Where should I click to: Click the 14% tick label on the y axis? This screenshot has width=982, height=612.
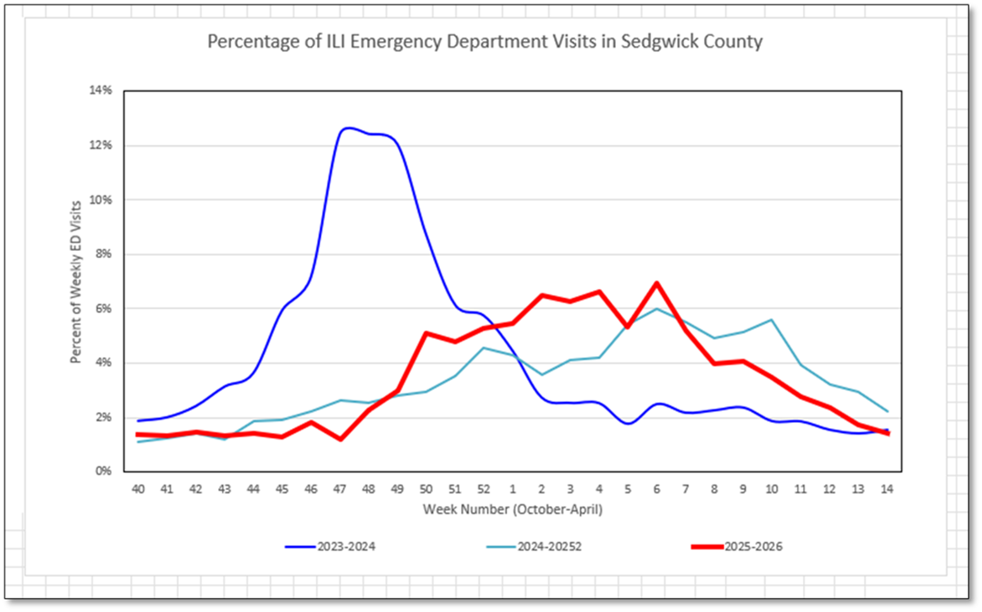101,90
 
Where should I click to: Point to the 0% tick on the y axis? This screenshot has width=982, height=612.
104,471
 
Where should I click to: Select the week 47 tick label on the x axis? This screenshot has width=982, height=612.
340,489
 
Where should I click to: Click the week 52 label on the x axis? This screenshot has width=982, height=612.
484,489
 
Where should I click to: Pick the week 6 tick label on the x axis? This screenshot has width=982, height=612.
657,489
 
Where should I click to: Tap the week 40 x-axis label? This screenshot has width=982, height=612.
138,489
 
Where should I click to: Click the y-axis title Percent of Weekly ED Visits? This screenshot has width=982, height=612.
76,282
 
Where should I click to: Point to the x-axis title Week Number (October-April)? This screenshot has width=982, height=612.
512,510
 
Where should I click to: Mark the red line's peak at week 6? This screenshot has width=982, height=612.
657,283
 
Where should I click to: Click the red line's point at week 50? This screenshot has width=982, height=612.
426,333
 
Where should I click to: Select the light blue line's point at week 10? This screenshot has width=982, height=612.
772,320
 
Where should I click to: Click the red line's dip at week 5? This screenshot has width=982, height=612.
628,327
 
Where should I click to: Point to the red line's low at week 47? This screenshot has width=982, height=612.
340,439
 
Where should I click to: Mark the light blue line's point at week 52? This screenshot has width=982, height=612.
484,348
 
